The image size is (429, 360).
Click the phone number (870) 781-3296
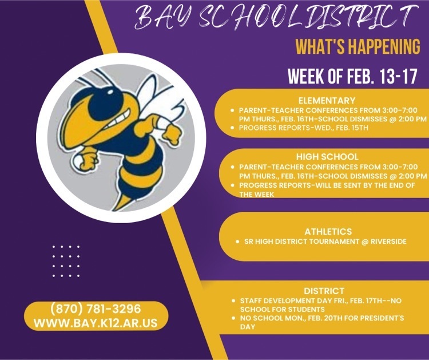[96, 309]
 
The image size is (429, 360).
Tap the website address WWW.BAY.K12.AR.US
[96, 323]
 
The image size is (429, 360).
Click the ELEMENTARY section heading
[327, 101]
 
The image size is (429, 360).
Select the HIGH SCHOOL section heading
[327, 157]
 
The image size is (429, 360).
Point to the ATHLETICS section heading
[328, 232]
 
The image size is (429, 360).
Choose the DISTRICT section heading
[324, 291]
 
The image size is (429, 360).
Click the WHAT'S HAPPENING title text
[358, 46]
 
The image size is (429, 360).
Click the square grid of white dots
[66, 261]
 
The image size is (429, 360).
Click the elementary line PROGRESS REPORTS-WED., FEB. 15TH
[303, 128]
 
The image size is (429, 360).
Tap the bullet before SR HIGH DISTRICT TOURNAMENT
[237, 242]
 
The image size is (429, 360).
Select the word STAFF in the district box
[249, 301]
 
